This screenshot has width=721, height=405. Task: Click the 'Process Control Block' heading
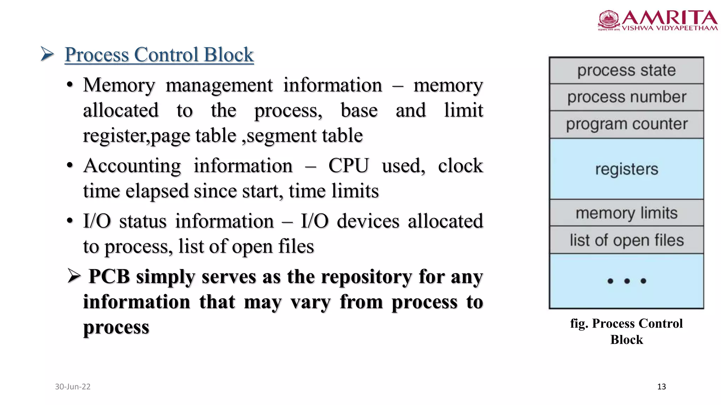click(159, 54)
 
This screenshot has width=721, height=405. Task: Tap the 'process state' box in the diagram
click(626, 70)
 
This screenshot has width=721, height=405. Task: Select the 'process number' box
click(626, 97)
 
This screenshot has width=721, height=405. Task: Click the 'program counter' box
click(626, 124)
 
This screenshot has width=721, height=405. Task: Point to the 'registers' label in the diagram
click(626, 169)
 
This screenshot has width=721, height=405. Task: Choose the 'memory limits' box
click(626, 213)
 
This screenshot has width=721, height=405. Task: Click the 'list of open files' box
click(626, 240)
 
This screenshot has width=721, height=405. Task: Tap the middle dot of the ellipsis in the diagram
click(627, 281)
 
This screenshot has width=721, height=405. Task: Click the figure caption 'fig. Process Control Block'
click(626, 331)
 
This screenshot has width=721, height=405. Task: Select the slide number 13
click(661, 387)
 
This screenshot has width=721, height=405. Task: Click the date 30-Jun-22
click(73, 387)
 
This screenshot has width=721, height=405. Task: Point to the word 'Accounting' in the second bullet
click(132, 166)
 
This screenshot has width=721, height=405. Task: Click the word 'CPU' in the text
click(349, 166)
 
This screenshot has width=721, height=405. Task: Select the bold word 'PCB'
click(109, 276)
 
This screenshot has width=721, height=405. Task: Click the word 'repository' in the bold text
click(366, 276)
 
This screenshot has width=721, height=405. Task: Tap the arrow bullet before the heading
click(47, 54)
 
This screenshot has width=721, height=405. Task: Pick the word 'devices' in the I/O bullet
click(368, 221)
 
